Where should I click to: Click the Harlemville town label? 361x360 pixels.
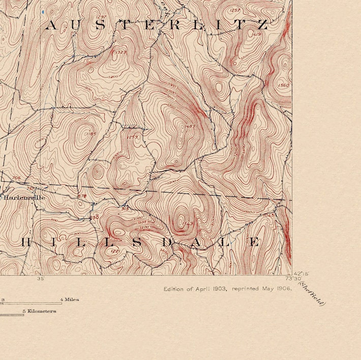pos(24,197)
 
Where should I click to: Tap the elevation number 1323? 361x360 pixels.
pos(121,52)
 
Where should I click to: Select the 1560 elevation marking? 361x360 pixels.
pos(284,85)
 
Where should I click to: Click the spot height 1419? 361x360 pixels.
pos(256,34)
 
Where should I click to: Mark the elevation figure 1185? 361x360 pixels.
pos(92,134)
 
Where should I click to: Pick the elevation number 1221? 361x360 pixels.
pos(115,251)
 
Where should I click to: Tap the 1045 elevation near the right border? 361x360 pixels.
pos(269,215)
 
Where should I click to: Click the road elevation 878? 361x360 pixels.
pos(82,196)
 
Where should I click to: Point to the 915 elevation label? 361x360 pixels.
pos(125,208)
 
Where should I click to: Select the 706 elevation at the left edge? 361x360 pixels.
pos(17,178)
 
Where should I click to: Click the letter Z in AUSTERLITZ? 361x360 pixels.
pos(262,25)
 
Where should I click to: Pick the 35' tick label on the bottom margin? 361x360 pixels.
pos(41,278)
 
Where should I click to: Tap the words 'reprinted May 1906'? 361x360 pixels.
pos(262,289)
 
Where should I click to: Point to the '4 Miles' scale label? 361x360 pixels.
pos(70,300)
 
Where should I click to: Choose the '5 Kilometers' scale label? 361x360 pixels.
pos(39,311)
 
